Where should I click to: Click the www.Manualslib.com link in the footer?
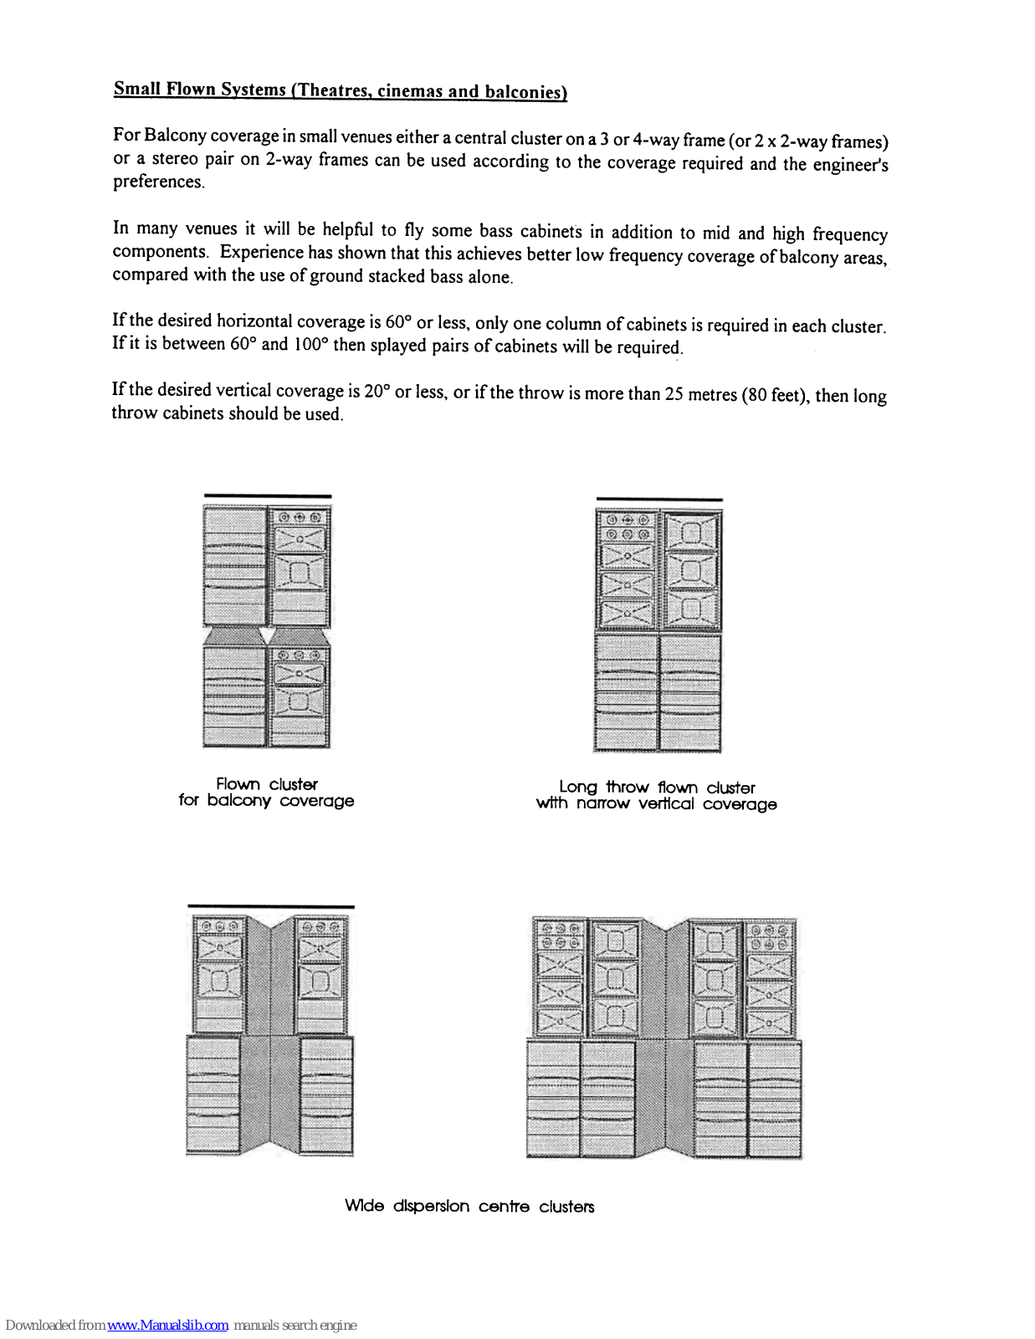click(167, 1325)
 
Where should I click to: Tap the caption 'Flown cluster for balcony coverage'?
click(266, 793)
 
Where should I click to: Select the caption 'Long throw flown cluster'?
click(657, 787)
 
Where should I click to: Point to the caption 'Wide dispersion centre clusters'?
click(469, 1206)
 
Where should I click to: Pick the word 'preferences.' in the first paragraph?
click(159, 182)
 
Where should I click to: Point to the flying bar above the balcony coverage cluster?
click(267, 496)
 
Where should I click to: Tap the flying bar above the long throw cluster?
click(658, 500)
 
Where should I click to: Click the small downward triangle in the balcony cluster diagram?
click(267, 635)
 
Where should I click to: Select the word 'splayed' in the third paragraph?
click(398, 346)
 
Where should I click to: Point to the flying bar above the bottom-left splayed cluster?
click(270, 906)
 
